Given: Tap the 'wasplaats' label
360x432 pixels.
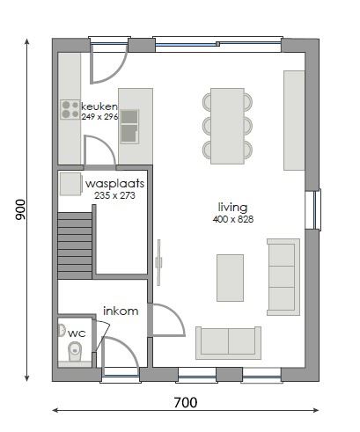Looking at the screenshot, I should click(115, 184).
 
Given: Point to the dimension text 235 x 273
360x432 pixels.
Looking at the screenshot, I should click(115, 195).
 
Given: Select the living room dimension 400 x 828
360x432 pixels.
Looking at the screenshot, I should click(232, 219).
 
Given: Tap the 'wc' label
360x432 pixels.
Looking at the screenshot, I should click(77, 333).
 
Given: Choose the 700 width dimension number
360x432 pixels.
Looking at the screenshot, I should click(184, 404).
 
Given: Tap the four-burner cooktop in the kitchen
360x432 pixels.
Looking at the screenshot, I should click(70, 110).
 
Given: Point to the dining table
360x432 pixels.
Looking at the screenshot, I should click(227, 125).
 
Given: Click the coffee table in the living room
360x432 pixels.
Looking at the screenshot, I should click(230, 277).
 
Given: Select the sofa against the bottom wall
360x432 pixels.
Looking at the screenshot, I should click(228, 341).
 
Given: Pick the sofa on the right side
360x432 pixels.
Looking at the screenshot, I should click(283, 275).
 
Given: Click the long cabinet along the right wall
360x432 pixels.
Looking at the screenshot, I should click(294, 120).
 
